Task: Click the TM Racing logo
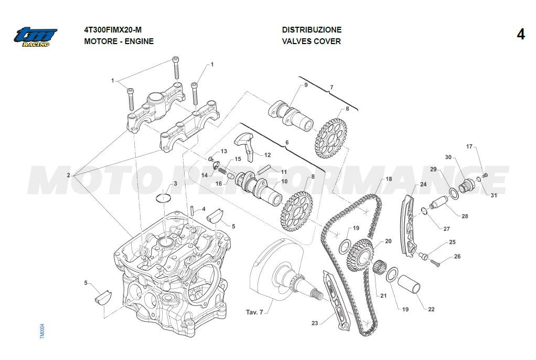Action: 35,37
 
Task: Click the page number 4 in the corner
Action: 520,35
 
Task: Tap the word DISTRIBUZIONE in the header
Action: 312,30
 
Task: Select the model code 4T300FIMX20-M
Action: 113,30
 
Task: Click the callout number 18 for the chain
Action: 389,179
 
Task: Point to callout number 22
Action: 431,309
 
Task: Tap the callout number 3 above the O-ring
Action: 175,183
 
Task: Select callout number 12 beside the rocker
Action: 267,155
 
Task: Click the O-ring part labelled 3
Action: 165,198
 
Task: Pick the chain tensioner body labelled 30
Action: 466,185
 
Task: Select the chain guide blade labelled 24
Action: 408,226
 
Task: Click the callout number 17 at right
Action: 469,146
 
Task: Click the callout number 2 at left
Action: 68,175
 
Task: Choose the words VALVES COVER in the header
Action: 312,41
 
